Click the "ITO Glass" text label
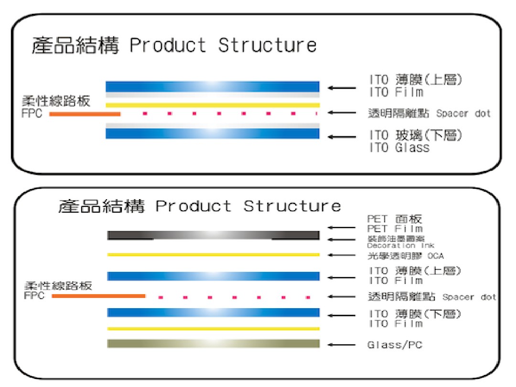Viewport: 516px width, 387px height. coord(399,148)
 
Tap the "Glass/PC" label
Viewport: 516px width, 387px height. coord(395,345)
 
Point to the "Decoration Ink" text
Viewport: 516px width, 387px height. coord(400,246)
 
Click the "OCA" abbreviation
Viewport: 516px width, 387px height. coord(435,256)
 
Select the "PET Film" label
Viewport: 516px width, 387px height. coord(395,229)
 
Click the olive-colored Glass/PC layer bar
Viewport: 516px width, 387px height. coord(213,344)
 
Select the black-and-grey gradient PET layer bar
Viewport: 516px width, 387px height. coord(213,235)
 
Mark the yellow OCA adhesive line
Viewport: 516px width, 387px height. coord(213,255)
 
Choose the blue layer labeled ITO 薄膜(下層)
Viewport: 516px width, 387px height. coord(213,312)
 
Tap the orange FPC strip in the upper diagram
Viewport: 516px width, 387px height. coord(85,114)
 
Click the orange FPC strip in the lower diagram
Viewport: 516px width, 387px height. coord(98,296)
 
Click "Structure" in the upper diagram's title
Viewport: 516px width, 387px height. coord(268,45)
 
